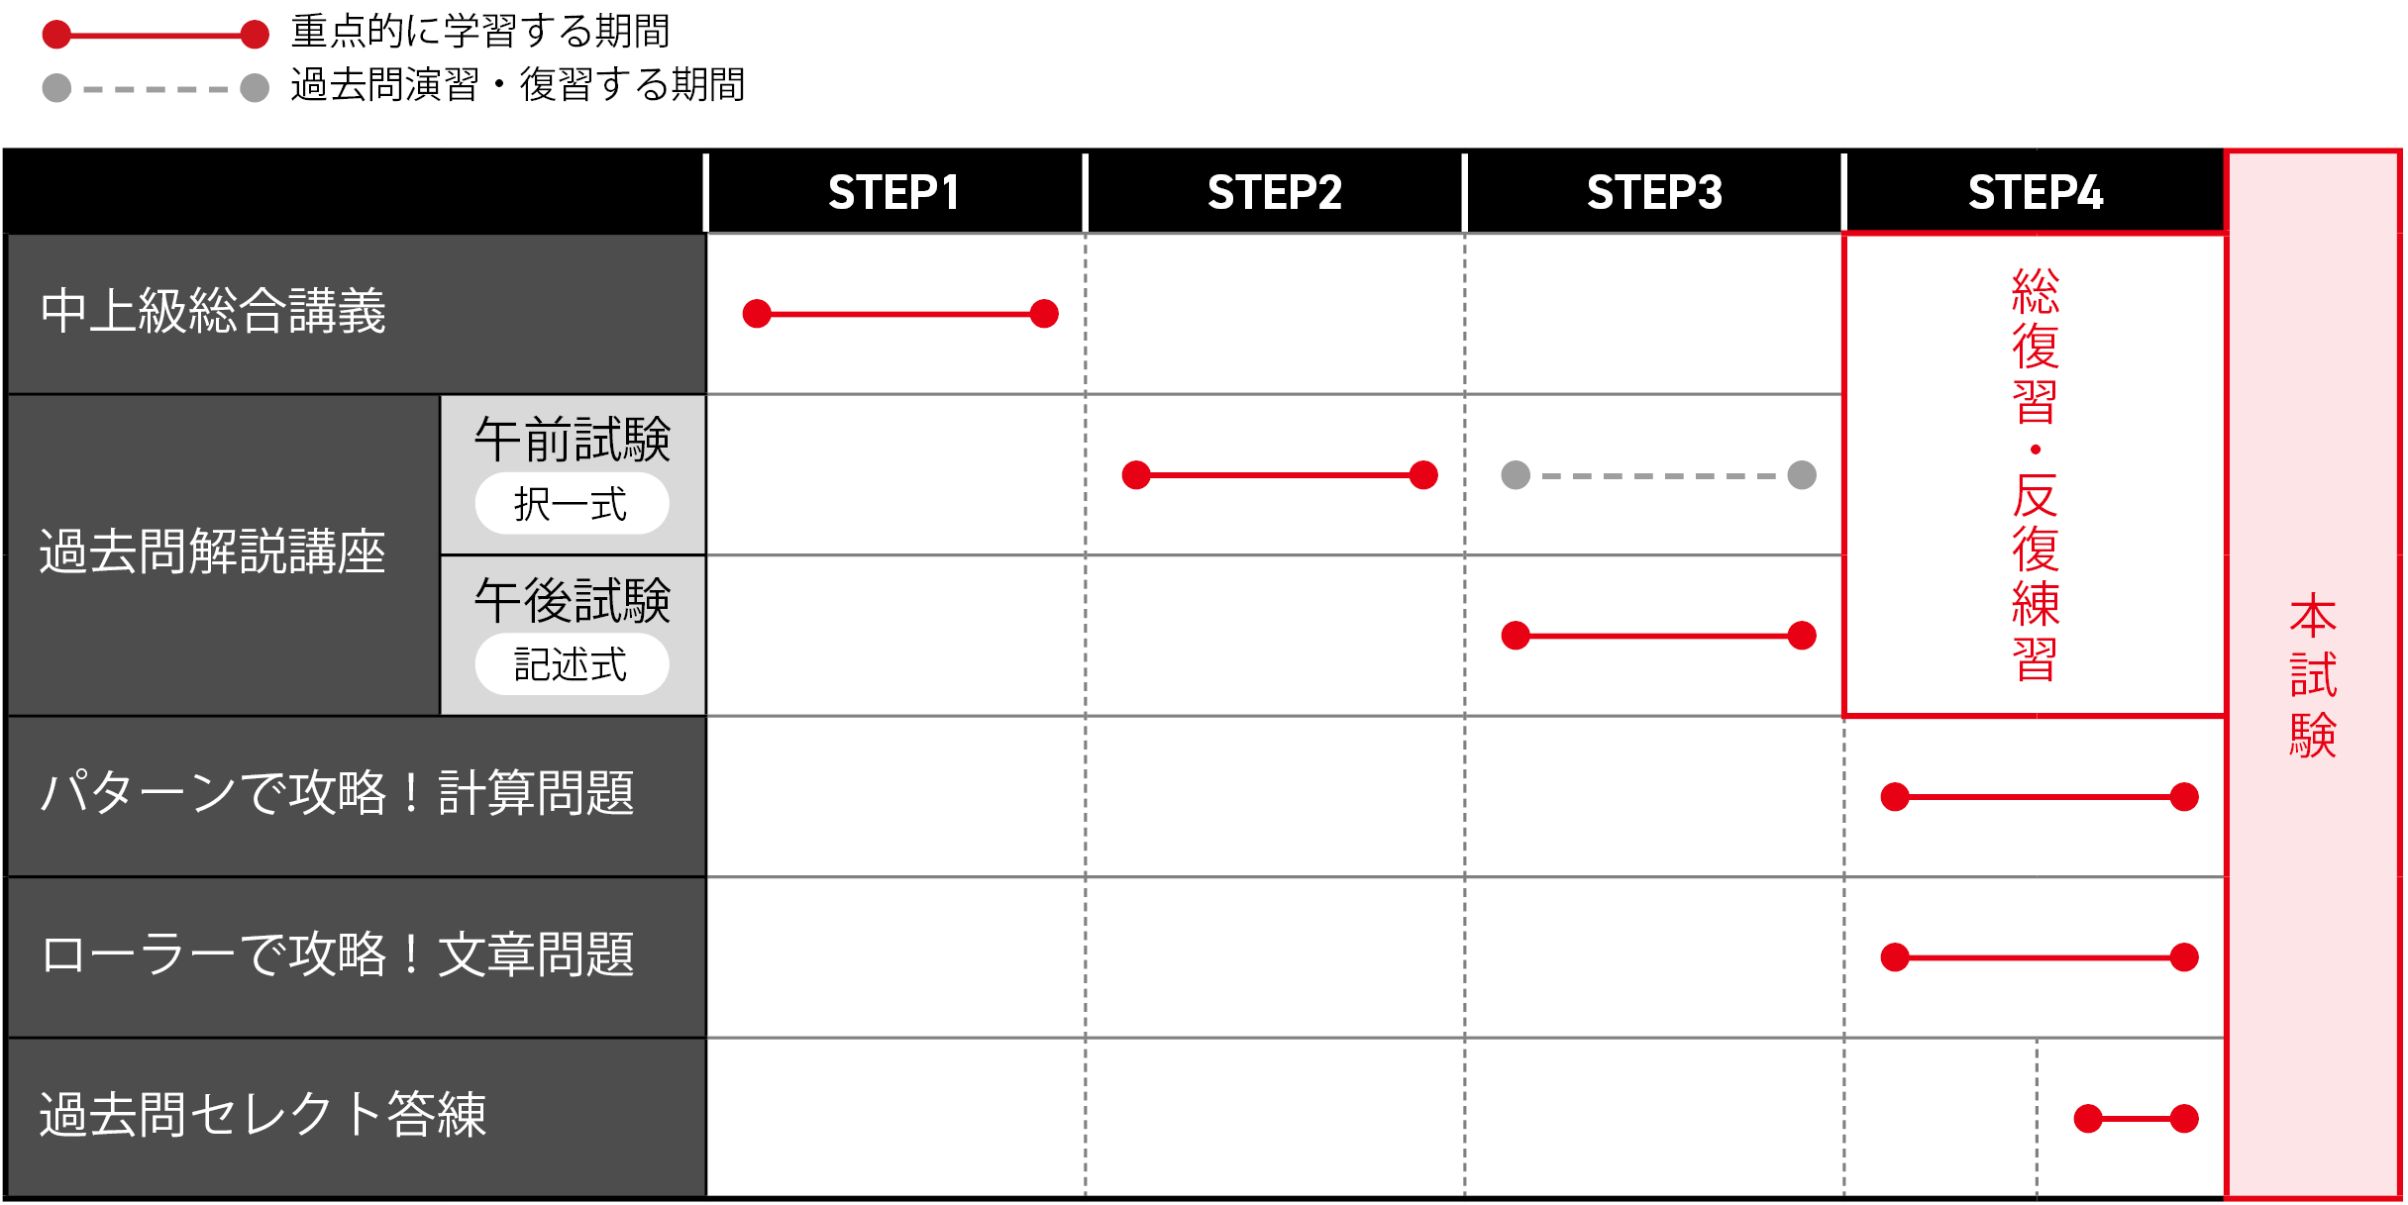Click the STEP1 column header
(893, 192)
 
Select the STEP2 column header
(1274, 192)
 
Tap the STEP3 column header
(1654, 192)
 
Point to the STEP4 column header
(2035, 192)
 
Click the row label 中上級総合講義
(213, 311)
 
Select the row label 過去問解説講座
(213, 552)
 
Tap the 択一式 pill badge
(572, 504)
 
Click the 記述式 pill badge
(572, 664)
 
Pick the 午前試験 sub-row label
(573, 440)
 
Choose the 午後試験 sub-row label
(573, 601)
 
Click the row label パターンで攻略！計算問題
(337, 793)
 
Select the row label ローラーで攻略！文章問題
(337, 954)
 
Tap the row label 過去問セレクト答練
(262, 1115)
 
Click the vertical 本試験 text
(2313, 675)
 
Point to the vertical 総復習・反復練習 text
(2036, 475)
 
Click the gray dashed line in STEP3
(1659, 475)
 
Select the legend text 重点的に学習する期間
(480, 32)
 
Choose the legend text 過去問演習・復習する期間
(517, 85)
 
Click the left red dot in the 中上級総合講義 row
(757, 314)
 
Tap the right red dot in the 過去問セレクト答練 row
(2184, 1119)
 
